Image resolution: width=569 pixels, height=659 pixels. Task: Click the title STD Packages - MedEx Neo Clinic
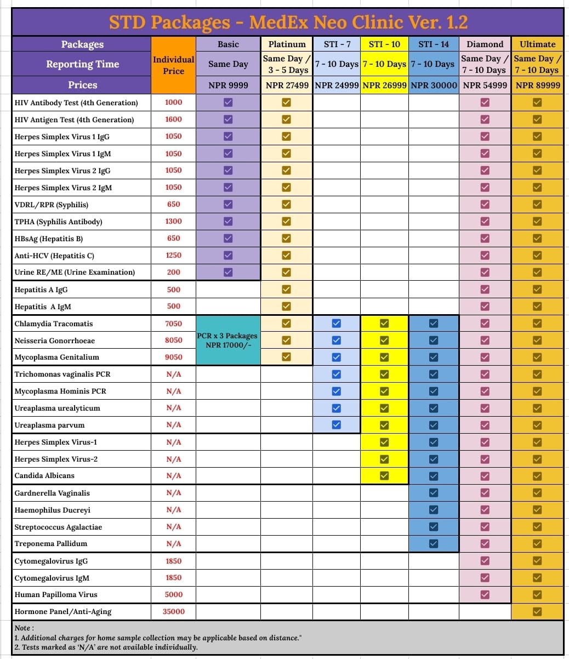pos(288,22)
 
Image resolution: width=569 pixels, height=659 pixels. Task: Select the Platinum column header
pos(287,44)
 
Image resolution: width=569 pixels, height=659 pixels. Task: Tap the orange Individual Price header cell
pos(173,65)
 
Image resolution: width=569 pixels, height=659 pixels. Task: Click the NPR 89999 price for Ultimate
pos(538,85)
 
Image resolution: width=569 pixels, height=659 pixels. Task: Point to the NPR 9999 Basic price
pos(228,85)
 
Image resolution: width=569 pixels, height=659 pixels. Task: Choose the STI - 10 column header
pos(384,44)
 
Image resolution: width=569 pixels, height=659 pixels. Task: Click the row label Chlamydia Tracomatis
pos(54,323)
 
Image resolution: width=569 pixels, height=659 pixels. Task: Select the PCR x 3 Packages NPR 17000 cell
pos(228,340)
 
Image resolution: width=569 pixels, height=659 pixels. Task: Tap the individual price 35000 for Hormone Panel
pos(173,611)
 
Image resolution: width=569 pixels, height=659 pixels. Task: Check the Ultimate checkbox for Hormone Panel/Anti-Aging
pos(537,611)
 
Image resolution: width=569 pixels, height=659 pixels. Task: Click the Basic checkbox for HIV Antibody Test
pos(228,102)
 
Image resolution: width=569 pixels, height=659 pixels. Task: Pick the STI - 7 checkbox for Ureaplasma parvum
pos(337,424)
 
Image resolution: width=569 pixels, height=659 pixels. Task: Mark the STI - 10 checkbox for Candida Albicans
pos(384,475)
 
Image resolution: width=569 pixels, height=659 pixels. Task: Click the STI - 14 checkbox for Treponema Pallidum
pos(434,543)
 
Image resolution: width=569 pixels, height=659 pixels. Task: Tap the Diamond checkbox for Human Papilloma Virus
pos(485,594)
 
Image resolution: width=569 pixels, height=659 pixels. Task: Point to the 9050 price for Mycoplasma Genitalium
pos(173,357)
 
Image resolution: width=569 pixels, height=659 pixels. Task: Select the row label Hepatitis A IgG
pos(41,289)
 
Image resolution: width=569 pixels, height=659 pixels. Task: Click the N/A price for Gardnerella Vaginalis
pos(173,493)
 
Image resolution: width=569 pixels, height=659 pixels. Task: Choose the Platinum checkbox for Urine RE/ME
pos(286,272)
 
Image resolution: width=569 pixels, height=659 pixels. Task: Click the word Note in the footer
pos(24,628)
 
